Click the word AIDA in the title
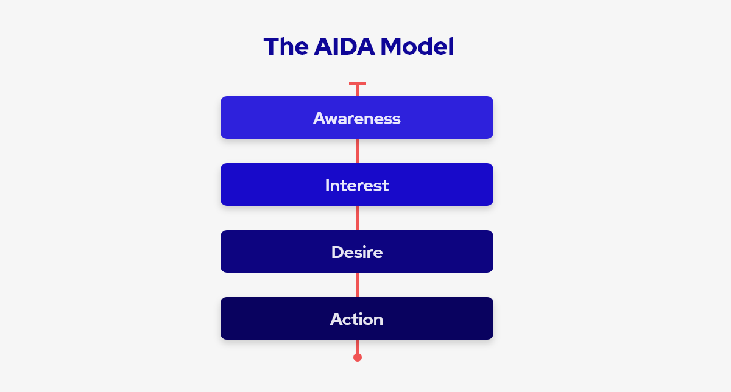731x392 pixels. (x=344, y=47)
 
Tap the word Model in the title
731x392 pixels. (x=417, y=47)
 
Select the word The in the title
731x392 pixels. (x=286, y=47)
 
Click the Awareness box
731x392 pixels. (x=357, y=117)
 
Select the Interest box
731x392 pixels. (x=357, y=184)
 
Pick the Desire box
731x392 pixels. (x=357, y=251)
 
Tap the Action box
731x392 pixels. (x=357, y=318)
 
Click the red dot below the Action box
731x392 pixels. (x=358, y=357)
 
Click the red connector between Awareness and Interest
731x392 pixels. (x=358, y=151)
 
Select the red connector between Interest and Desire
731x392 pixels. (x=358, y=218)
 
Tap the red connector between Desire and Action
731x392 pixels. (x=358, y=285)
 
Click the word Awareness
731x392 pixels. (x=357, y=118)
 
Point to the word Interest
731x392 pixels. (x=357, y=185)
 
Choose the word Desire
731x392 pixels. (x=357, y=252)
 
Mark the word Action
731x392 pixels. (x=356, y=319)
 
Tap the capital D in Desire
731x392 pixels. (x=337, y=252)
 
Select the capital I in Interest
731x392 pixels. (x=327, y=185)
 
